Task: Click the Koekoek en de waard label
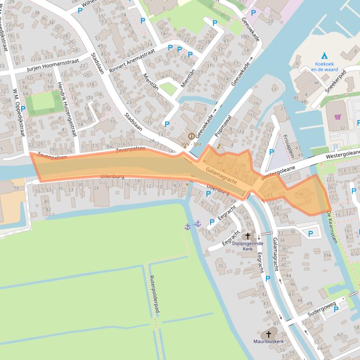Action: [x=324, y=66]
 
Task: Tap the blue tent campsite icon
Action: [x=324, y=56]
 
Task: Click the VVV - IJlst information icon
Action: [x=191, y=136]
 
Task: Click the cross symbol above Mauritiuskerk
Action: [x=269, y=334]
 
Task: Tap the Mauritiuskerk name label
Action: [x=269, y=342]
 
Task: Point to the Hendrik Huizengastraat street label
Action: [x=66, y=110]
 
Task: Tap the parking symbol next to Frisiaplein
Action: [x=272, y=152]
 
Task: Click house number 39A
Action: [x=327, y=255]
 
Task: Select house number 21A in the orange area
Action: [x=299, y=194]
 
